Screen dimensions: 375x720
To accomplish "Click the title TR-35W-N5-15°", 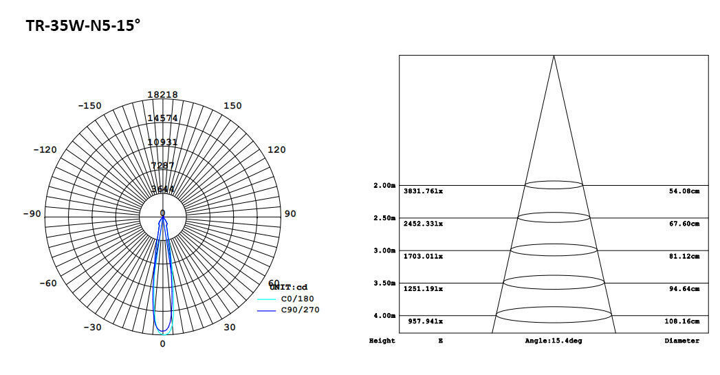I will point(83,26).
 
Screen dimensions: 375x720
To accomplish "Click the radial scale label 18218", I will point(163,95).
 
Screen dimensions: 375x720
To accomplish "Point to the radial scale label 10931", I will point(163,142).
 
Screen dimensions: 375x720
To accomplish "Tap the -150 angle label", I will point(89,106).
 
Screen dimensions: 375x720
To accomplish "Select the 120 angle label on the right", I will point(276,150).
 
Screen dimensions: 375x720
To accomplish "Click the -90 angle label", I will point(32,214).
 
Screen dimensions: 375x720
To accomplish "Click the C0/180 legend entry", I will point(295,299).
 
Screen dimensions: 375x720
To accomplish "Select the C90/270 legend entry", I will point(299,310).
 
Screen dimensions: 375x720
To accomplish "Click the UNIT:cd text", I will point(288,287).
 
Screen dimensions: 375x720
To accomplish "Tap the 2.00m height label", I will point(384,186).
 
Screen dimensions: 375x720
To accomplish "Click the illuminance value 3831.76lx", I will point(423,191).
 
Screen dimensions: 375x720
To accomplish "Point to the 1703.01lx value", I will point(423,257).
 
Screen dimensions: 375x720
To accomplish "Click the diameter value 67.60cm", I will point(684,224).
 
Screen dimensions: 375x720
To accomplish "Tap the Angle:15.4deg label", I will point(553,341).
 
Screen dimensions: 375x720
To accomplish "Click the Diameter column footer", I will point(681,341).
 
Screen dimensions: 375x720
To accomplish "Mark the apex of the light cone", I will point(554,56).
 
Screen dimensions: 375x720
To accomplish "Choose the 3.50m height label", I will point(384,283).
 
